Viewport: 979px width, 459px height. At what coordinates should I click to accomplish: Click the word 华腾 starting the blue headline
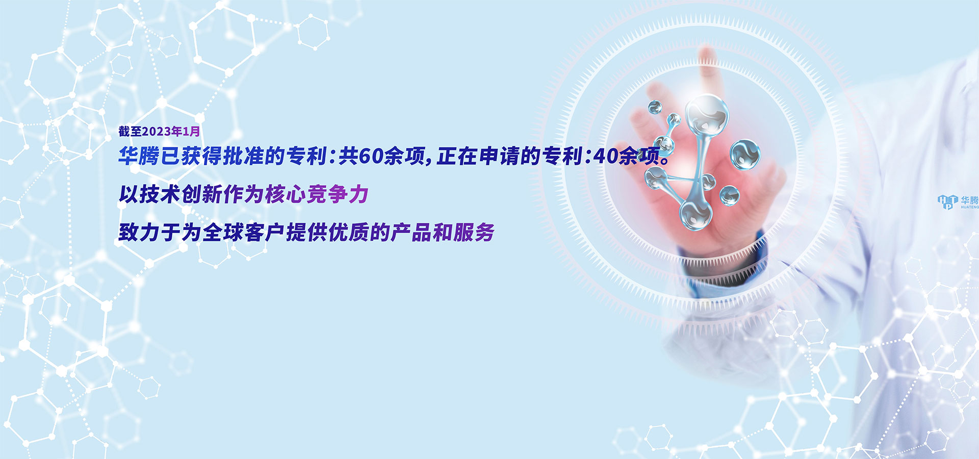pyautogui.click(x=139, y=156)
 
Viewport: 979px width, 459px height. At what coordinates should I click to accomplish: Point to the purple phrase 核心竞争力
pyautogui.click(x=317, y=194)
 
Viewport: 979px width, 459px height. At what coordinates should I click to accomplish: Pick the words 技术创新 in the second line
pyautogui.click(x=181, y=194)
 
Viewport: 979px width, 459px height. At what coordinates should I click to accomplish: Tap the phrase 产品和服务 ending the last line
pyautogui.click(x=443, y=233)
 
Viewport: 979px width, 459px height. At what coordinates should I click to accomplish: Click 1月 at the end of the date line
pyautogui.click(x=191, y=132)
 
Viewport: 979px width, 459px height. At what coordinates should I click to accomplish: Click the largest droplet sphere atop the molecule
pyautogui.click(x=707, y=115)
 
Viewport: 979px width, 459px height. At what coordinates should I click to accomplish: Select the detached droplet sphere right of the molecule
pyautogui.click(x=745, y=154)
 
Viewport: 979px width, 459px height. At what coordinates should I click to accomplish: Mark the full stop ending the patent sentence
pyautogui.click(x=664, y=160)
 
